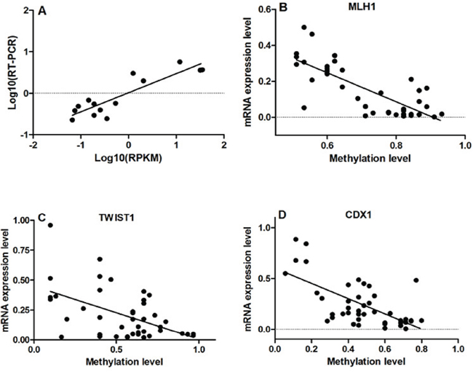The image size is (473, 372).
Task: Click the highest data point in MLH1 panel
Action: click(x=304, y=28)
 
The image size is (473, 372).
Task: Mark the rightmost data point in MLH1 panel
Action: click(x=442, y=114)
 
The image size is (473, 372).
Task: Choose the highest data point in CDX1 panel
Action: click(x=296, y=239)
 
